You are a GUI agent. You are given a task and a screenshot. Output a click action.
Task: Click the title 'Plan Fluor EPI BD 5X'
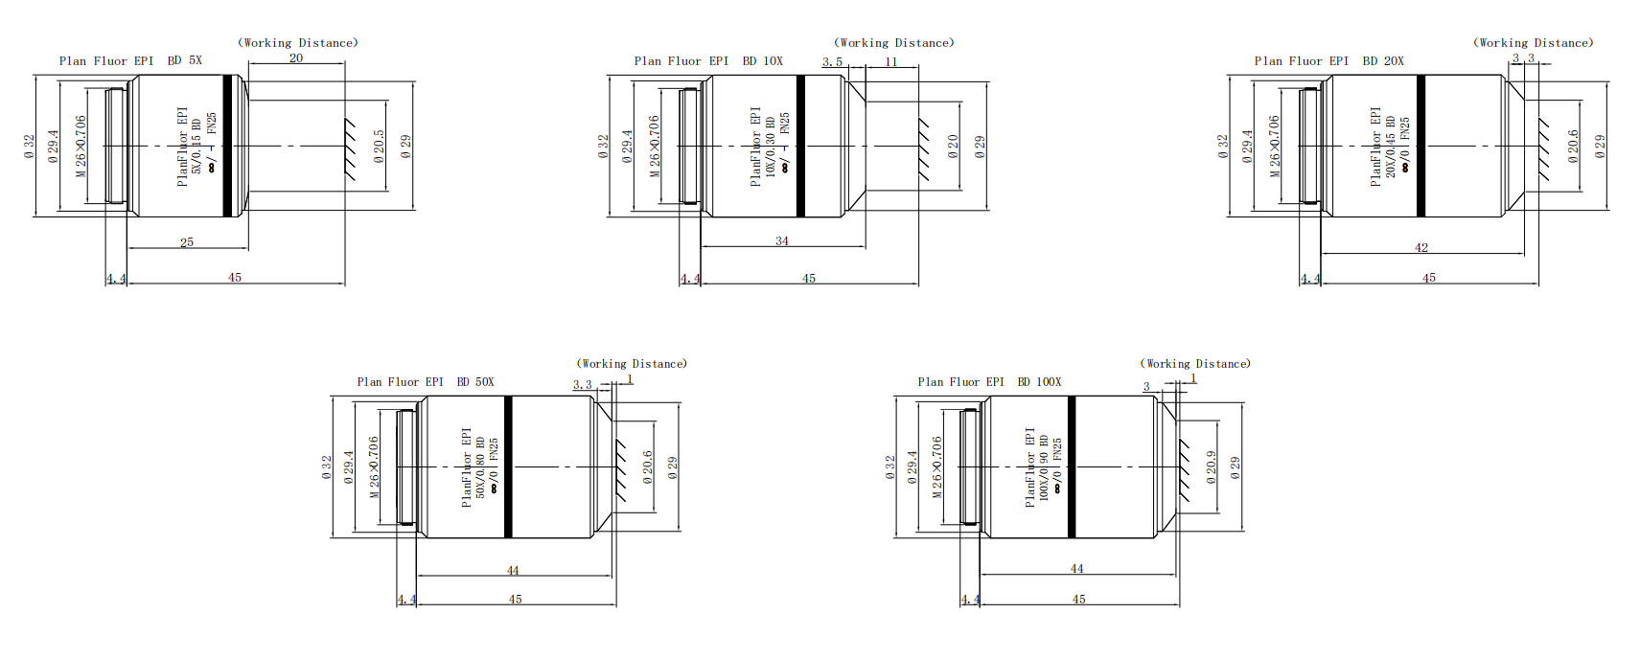coord(130,60)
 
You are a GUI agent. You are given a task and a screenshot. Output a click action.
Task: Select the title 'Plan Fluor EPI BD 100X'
coord(989,381)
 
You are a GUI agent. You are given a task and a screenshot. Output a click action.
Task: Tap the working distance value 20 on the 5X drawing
coord(296,57)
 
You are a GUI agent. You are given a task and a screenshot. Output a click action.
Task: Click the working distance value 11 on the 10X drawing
coord(891,61)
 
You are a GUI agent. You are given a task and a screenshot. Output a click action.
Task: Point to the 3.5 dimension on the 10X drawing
coord(832,61)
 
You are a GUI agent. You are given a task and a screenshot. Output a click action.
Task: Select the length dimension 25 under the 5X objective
coord(187,242)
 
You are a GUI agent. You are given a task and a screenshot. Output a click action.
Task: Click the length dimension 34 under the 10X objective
coord(782,240)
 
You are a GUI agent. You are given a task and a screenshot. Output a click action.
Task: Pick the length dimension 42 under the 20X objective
coord(1421,247)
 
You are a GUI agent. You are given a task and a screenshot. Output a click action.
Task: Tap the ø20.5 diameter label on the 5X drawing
coord(380,147)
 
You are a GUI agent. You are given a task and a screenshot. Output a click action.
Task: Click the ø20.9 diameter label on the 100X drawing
coord(1212,467)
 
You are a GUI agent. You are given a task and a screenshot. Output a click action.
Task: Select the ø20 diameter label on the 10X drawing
coord(953,146)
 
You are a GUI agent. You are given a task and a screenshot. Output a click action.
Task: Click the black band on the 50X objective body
coord(508,466)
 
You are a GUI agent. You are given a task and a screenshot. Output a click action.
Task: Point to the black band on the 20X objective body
coord(1421,146)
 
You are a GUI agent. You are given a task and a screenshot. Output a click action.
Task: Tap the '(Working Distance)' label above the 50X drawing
coord(632,364)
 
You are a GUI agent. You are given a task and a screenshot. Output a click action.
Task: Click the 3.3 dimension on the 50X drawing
coord(582,385)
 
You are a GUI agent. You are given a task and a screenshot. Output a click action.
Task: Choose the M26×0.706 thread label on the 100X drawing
coord(937,466)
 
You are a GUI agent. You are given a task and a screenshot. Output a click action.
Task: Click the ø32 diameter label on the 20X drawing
coord(1223,147)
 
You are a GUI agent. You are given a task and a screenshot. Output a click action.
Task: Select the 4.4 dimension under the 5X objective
coord(116,279)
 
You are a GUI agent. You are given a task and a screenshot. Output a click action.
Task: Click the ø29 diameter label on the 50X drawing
coord(673,467)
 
